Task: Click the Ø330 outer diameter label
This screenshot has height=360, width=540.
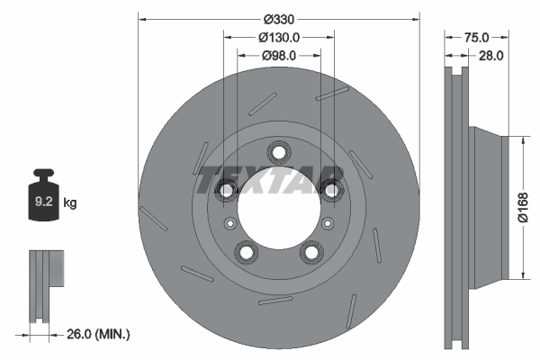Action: [278, 18]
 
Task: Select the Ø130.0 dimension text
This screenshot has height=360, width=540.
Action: [278, 38]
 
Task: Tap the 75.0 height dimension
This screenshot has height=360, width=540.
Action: [476, 38]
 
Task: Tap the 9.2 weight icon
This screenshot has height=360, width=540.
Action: [43, 199]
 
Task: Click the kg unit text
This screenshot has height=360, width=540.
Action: [70, 203]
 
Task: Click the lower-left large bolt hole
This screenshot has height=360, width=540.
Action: [245, 252]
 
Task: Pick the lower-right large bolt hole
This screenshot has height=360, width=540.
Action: [311, 252]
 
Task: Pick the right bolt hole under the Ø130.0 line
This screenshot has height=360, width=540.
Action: [331, 188]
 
